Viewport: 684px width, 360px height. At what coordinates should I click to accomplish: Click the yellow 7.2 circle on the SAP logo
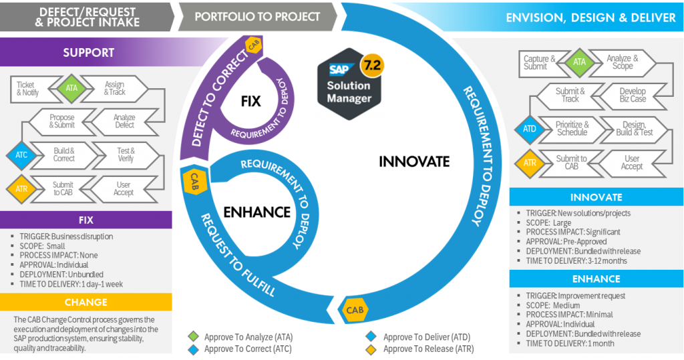tap(371, 67)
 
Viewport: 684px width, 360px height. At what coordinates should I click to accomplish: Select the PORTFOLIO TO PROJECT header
tap(257, 17)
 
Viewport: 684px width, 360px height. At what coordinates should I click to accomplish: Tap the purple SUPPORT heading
tap(88, 52)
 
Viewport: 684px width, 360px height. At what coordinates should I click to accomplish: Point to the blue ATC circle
tap(20, 155)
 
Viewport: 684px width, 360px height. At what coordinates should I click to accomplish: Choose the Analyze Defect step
tap(124, 121)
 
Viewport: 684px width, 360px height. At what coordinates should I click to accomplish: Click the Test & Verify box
tap(126, 155)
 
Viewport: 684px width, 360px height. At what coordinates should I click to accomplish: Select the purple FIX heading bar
tap(85, 219)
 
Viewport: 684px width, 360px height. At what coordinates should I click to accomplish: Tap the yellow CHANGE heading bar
tap(85, 303)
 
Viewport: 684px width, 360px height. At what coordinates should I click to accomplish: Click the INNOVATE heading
tap(596, 198)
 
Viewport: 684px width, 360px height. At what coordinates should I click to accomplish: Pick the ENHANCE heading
tap(596, 279)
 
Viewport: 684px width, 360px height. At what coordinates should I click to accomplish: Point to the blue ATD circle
tap(530, 128)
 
